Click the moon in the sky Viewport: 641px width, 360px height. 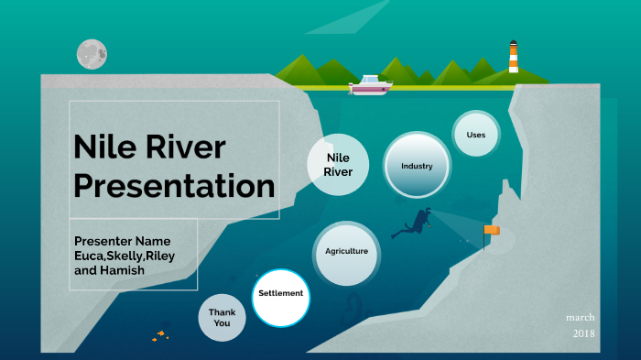[x=92, y=54]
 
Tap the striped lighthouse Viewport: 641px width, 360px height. [x=514, y=59]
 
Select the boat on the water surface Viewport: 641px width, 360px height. [x=370, y=84]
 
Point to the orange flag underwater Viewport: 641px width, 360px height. [x=492, y=231]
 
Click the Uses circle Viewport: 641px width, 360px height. [x=476, y=136]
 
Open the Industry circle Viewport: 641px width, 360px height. [x=417, y=166]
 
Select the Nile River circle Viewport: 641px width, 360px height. [x=339, y=165]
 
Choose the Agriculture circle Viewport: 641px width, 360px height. [x=347, y=251]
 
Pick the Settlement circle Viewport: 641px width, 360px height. [x=280, y=294]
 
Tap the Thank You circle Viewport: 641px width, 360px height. [x=222, y=318]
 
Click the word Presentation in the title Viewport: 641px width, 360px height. [x=174, y=186]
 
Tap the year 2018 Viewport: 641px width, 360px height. [x=583, y=333]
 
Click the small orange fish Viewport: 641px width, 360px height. [x=160, y=335]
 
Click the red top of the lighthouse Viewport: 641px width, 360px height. [x=514, y=43]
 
